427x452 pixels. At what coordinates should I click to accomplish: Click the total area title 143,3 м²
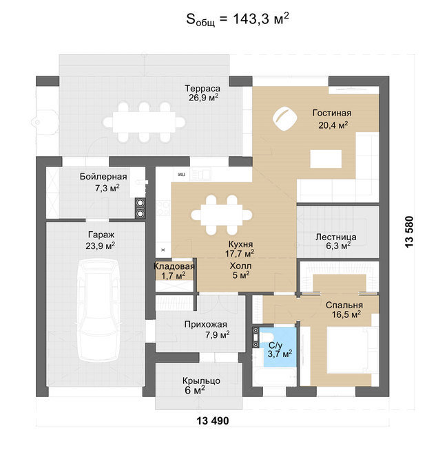pos(237,19)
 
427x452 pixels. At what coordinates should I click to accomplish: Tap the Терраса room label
pos(202,88)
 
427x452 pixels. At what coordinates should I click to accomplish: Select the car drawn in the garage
pos(98,310)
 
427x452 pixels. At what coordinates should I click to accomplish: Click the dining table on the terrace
pos(144,122)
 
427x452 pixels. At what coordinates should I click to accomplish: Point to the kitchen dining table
pos(221,215)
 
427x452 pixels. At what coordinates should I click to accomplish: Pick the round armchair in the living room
pos(285,118)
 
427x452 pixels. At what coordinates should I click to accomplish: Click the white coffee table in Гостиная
pos(326,158)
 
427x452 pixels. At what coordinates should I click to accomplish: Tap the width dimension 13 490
pos(213,420)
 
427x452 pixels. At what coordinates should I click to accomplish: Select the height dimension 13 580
pos(409,231)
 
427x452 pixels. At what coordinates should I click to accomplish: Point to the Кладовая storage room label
pos(174,266)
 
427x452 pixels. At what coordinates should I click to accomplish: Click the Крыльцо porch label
pos(201,380)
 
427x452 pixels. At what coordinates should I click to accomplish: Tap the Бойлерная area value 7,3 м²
pos(107,188)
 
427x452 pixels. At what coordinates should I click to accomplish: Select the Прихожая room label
pos(206,325)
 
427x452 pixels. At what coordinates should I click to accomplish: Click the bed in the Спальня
pos(353,349)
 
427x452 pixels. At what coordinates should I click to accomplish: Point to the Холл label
pos(240,266)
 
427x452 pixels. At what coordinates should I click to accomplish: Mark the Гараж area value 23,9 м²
pos(100,246)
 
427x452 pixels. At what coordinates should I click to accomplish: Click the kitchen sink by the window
pos(200,174)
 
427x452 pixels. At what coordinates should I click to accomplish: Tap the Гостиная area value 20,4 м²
pos(333,125)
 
